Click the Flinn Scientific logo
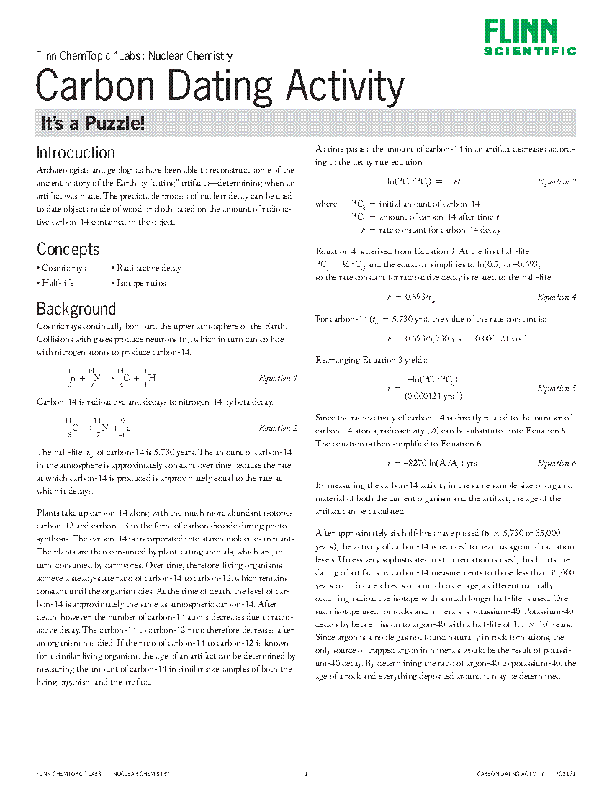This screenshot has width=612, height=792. [529, 37]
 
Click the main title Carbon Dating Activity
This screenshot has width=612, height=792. [220, 86]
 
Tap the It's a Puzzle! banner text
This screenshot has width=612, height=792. [93, 123]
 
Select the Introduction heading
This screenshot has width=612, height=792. [76, 153]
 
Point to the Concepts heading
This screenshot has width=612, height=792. [68, 249]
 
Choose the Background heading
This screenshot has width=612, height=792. [76, 310]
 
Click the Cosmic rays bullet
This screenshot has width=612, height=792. [62, 268]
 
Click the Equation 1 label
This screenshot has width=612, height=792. [278, 378]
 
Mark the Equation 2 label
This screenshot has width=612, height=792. [278, 428]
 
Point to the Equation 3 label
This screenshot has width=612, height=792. [557, 182]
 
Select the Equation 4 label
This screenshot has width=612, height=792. [557, 297]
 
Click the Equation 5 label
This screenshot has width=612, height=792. [557, 388]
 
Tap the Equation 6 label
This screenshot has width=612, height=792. [557, 463]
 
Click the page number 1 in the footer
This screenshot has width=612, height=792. [306, 774]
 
